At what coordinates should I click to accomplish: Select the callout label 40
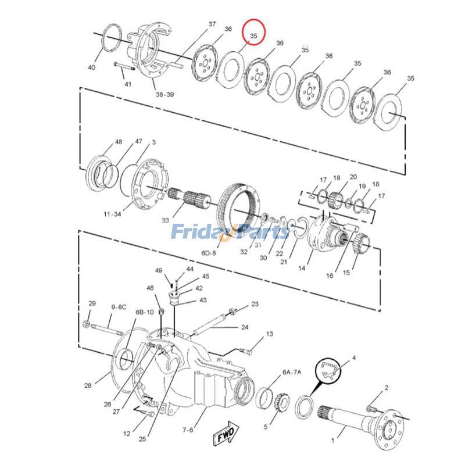[92, 68]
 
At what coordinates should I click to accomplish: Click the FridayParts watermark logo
[230, 232]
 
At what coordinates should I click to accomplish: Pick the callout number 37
[212, 24]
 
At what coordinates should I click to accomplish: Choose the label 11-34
[112, 214]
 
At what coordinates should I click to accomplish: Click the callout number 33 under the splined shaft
[166, 220]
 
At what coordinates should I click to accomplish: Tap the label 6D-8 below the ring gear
[209, 253]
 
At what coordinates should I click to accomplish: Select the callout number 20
[353, 177]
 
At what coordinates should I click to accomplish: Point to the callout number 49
[159, 270]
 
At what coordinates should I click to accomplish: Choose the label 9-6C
[119, 306]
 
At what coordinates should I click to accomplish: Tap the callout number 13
[269, 334]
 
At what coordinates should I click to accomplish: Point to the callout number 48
[119, 142]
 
